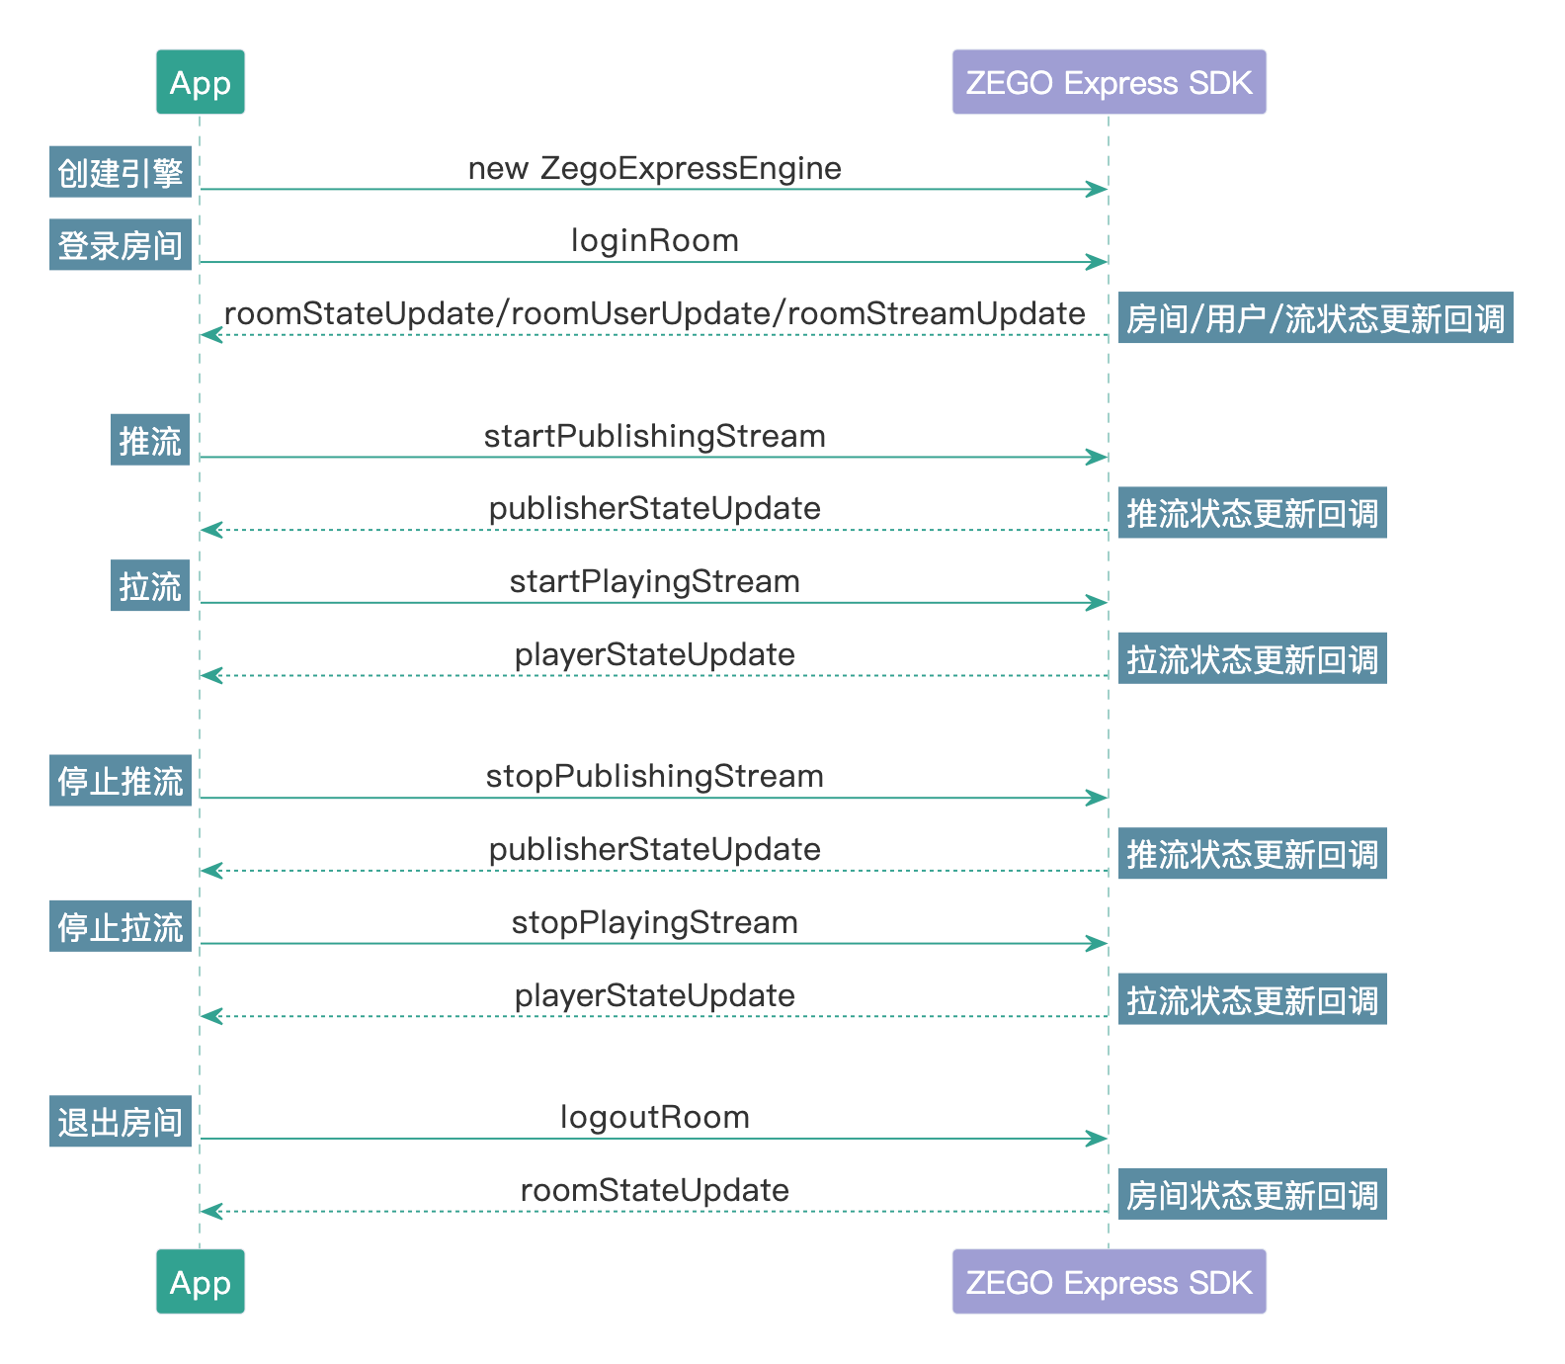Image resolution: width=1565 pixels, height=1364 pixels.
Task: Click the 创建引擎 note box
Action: (121, 173)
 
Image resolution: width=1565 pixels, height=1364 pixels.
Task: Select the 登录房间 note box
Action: (121, 245)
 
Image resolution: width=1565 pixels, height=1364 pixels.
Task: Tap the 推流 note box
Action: (150, 440)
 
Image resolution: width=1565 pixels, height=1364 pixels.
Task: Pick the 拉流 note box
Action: (150, 586)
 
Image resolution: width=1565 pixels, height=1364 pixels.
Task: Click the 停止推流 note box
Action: (121, 781)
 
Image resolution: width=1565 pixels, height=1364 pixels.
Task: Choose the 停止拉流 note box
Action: (121, 927)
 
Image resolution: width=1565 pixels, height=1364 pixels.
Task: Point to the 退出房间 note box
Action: (121, 1122)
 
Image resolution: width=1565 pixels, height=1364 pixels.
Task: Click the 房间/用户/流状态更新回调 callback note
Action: (1315, 318)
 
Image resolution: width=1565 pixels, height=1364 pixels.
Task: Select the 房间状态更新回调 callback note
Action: (1252, 1195)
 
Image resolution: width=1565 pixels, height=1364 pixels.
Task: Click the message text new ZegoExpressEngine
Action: (654, 168)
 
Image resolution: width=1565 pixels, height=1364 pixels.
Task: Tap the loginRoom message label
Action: (654, 240)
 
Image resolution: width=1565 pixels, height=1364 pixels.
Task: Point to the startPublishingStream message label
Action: (654, 436)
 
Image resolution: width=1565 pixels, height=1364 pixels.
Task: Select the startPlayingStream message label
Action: (654, 581)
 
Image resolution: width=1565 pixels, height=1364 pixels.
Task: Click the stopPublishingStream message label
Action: (654, 776)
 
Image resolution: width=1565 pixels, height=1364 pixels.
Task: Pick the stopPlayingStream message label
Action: (654, 922)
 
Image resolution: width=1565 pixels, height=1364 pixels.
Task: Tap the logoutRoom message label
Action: (654, 1117)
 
